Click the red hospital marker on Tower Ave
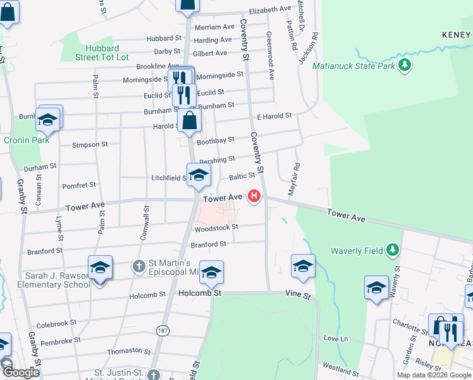(254, 196)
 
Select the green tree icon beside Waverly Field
(393, 250)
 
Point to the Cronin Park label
(27, 140)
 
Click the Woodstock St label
(216, 227)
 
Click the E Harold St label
(274, 116)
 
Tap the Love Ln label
(336, 339)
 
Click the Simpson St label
(86, 144)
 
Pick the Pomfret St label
(79, 185)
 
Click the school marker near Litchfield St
(199, 175)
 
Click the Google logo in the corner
(21, 372)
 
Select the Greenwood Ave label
(270, 55)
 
